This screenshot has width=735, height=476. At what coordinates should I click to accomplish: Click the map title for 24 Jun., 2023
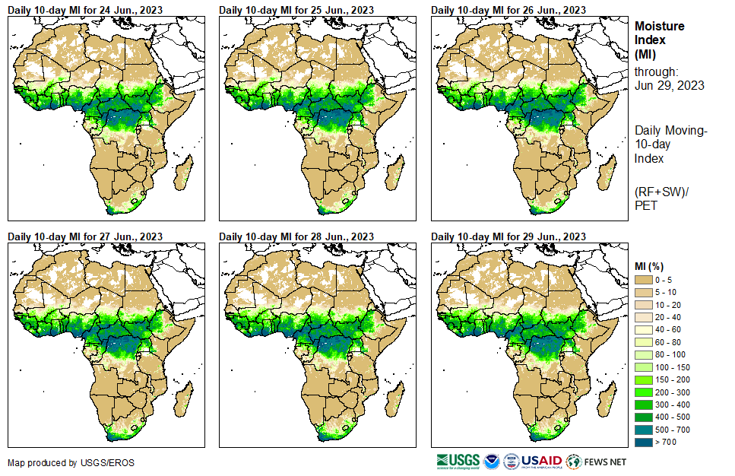pos(85,10)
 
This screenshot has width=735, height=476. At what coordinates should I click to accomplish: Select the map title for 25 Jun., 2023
pos(296,10)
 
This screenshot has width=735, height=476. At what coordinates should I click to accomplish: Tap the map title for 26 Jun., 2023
pos(508,10)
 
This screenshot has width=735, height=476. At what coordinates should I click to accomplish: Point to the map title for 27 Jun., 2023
pos(85,236)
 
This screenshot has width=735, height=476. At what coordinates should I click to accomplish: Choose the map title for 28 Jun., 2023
pos(296,236)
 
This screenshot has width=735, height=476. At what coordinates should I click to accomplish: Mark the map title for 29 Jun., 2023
pos(508,236)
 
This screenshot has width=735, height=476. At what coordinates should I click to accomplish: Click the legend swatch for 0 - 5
pos(645,281)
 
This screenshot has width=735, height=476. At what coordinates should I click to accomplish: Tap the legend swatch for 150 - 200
pos(645,379)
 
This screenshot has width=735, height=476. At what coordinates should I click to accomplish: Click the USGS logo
pos(458,461)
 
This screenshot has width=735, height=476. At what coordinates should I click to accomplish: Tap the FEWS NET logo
pos(597,461)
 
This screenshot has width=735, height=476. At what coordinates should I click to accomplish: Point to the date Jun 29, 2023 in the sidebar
pos(669,85)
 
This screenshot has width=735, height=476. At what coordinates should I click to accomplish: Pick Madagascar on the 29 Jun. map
pos(606,399)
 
